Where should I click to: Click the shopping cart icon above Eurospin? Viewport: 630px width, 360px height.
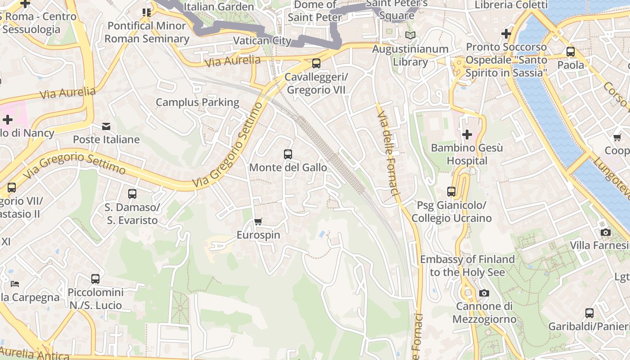[x=258, y=221]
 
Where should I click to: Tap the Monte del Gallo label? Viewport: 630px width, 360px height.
[x=288, y=167]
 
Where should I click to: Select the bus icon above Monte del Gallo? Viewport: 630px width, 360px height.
[x=288, y=154]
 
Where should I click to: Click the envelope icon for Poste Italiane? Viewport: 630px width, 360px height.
[x=106, y=126]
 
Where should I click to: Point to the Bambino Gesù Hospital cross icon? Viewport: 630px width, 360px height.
[x=467, y=134]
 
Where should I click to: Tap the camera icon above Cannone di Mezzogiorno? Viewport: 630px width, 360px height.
[x=484, y=293]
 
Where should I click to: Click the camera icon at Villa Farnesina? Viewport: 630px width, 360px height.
[x=606, y=232]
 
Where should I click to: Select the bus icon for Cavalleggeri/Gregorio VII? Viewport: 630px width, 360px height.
[x=316, y=63]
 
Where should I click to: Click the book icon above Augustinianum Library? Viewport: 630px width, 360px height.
[x=410, y=35]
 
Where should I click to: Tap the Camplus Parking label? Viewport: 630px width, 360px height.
[x=198, y=102]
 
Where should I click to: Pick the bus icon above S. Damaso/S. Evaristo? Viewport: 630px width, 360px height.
[x=132, y=194]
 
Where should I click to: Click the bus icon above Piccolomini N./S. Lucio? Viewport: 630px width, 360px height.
[x=95, y=279]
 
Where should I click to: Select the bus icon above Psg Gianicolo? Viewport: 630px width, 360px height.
[x=451, y=192]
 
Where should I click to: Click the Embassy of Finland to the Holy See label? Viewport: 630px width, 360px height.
[x=467, y=265]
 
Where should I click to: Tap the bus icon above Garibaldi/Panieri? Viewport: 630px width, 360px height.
[x=589, y=313]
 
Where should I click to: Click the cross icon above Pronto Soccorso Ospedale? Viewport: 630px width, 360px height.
[x=506, y=33]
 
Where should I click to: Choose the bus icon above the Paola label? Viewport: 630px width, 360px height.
[x=571, y=52]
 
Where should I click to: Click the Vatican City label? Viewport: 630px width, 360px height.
[x=262, y=40]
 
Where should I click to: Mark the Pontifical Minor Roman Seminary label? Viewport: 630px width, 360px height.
[x=147, y=32]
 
